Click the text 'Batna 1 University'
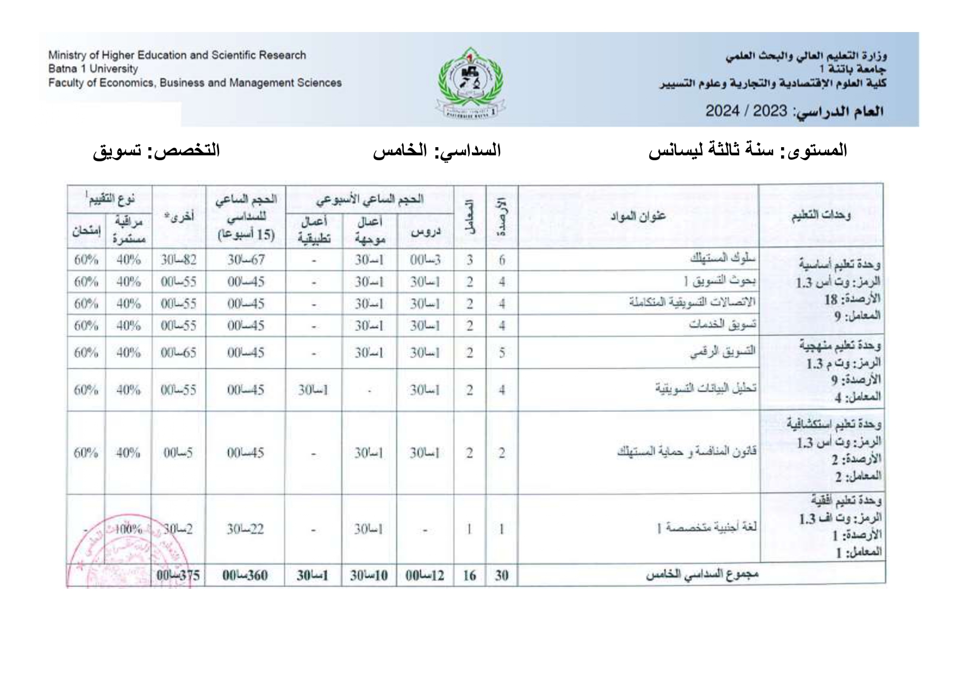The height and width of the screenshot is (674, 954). [x=93, y=69]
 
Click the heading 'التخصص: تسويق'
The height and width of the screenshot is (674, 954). [x=157, y=150]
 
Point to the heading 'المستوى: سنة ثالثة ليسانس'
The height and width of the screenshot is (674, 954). [x=748, y=150]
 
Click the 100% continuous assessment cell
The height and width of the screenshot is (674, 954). [x=128, y=528]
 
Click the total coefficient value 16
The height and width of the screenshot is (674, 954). [x=469, y=575]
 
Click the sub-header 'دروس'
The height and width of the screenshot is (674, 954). [x=425, y=232]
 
